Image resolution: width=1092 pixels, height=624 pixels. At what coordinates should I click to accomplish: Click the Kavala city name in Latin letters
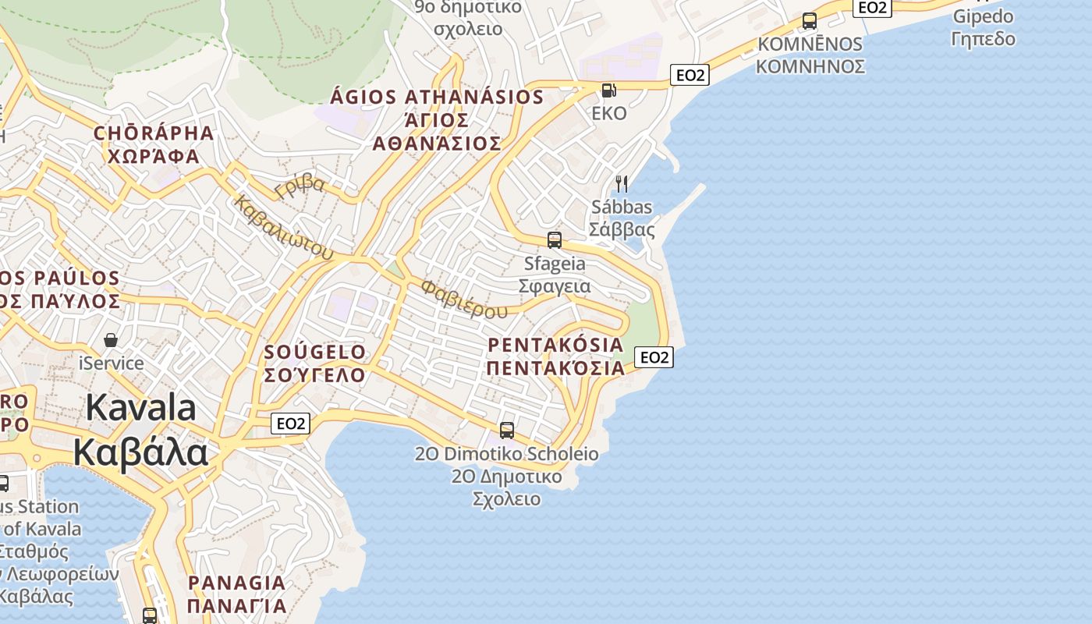click(140, 408)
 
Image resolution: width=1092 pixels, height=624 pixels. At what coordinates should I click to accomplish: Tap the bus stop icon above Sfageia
click(555, 240)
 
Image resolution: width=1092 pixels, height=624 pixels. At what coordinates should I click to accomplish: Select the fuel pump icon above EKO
click(608, 90)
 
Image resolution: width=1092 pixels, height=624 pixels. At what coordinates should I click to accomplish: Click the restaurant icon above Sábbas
click(622, 184)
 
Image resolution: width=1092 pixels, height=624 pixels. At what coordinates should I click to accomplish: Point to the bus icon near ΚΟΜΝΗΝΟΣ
click(810, 21)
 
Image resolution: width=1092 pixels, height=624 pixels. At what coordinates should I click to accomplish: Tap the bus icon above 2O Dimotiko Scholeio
click(507, 430)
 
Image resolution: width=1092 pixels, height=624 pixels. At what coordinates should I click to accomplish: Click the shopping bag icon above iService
click(111, 340)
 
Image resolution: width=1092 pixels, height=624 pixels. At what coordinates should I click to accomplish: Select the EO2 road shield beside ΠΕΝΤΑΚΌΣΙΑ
click(654, 357)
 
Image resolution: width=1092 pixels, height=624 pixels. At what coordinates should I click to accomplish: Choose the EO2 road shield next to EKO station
click(690, 75)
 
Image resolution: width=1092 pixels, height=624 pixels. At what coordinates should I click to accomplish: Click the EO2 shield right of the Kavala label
click(291, 424)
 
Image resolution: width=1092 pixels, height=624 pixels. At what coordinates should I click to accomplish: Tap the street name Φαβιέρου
click(463, 299)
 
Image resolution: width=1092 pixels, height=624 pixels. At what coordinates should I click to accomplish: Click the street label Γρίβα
click(300, 186)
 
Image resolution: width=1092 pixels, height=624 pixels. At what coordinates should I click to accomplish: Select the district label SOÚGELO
click(315, 353)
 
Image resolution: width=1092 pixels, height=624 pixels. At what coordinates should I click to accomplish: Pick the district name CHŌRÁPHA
click(154, 133)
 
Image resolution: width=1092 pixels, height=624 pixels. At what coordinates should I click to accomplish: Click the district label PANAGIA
click(236, 583)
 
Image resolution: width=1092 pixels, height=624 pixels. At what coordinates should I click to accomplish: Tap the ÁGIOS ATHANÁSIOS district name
click(437, 97)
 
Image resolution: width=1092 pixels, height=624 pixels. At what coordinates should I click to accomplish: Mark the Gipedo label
click(984, 16)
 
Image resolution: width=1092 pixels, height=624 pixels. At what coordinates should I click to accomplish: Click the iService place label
click(112, 363)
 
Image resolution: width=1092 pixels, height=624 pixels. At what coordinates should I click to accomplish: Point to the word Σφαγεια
click(555, 286)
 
